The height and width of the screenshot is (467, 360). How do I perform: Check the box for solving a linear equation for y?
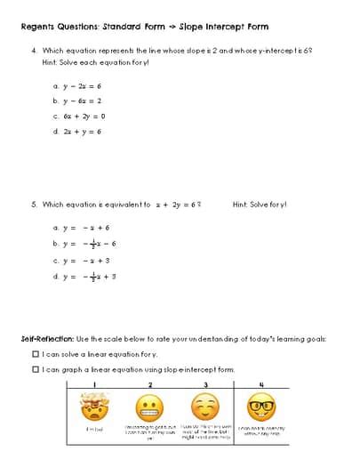pyautogui.click(x=36, y=353)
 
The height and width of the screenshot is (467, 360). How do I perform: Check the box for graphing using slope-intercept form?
pyautogui.click(x=36, y=368)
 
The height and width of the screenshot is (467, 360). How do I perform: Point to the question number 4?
pyautogui.click(x=33, y=52)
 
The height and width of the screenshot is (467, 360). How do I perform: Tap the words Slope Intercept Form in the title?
pyautogui.click(x=218, y=26)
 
